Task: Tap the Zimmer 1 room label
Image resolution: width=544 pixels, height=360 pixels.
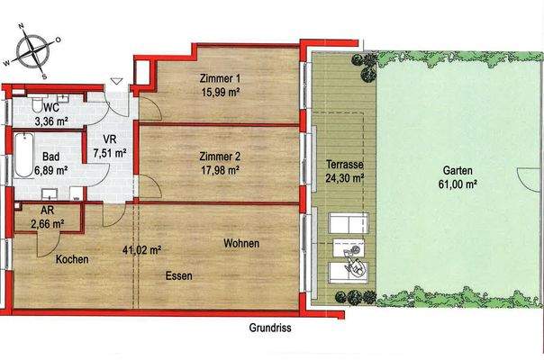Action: click(x=222, y=78)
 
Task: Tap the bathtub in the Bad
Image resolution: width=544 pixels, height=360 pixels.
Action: click(x=22, y=158)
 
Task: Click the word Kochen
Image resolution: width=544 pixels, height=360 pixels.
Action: click(x=71, y=259)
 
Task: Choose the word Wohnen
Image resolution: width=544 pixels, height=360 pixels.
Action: click(x=241, y=244)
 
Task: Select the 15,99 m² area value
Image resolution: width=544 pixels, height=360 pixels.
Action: click(x=222, y=91)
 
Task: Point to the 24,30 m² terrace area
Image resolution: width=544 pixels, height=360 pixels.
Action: click(x=343, y=179)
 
